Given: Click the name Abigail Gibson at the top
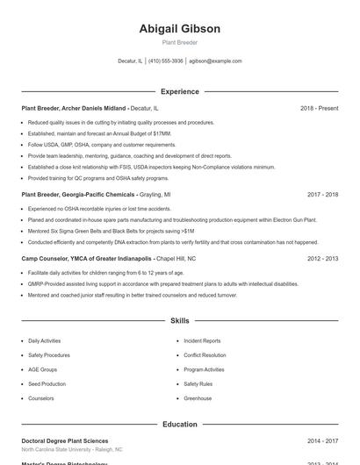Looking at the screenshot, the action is point(179,28).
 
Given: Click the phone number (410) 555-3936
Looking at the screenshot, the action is point(166,61).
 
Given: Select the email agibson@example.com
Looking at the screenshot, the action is point(215,61).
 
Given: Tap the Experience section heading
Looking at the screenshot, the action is point(179,91).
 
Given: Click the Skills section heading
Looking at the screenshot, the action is point(179,321).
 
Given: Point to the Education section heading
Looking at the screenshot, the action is point(179,425).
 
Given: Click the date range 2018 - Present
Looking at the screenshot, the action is point(319,108).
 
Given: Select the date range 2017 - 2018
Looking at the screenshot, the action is point(322,194).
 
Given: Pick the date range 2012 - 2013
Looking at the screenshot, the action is point(322,259).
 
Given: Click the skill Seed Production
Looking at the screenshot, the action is point(47,383).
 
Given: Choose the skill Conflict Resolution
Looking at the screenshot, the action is point(205,355).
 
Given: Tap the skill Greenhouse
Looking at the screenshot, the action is point(198,398).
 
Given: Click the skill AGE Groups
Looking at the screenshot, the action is point(42,369).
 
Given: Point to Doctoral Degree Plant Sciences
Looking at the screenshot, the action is point(65,440).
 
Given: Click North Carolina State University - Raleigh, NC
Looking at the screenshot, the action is point(71,449).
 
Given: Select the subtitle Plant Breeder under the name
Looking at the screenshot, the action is point(179,42).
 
